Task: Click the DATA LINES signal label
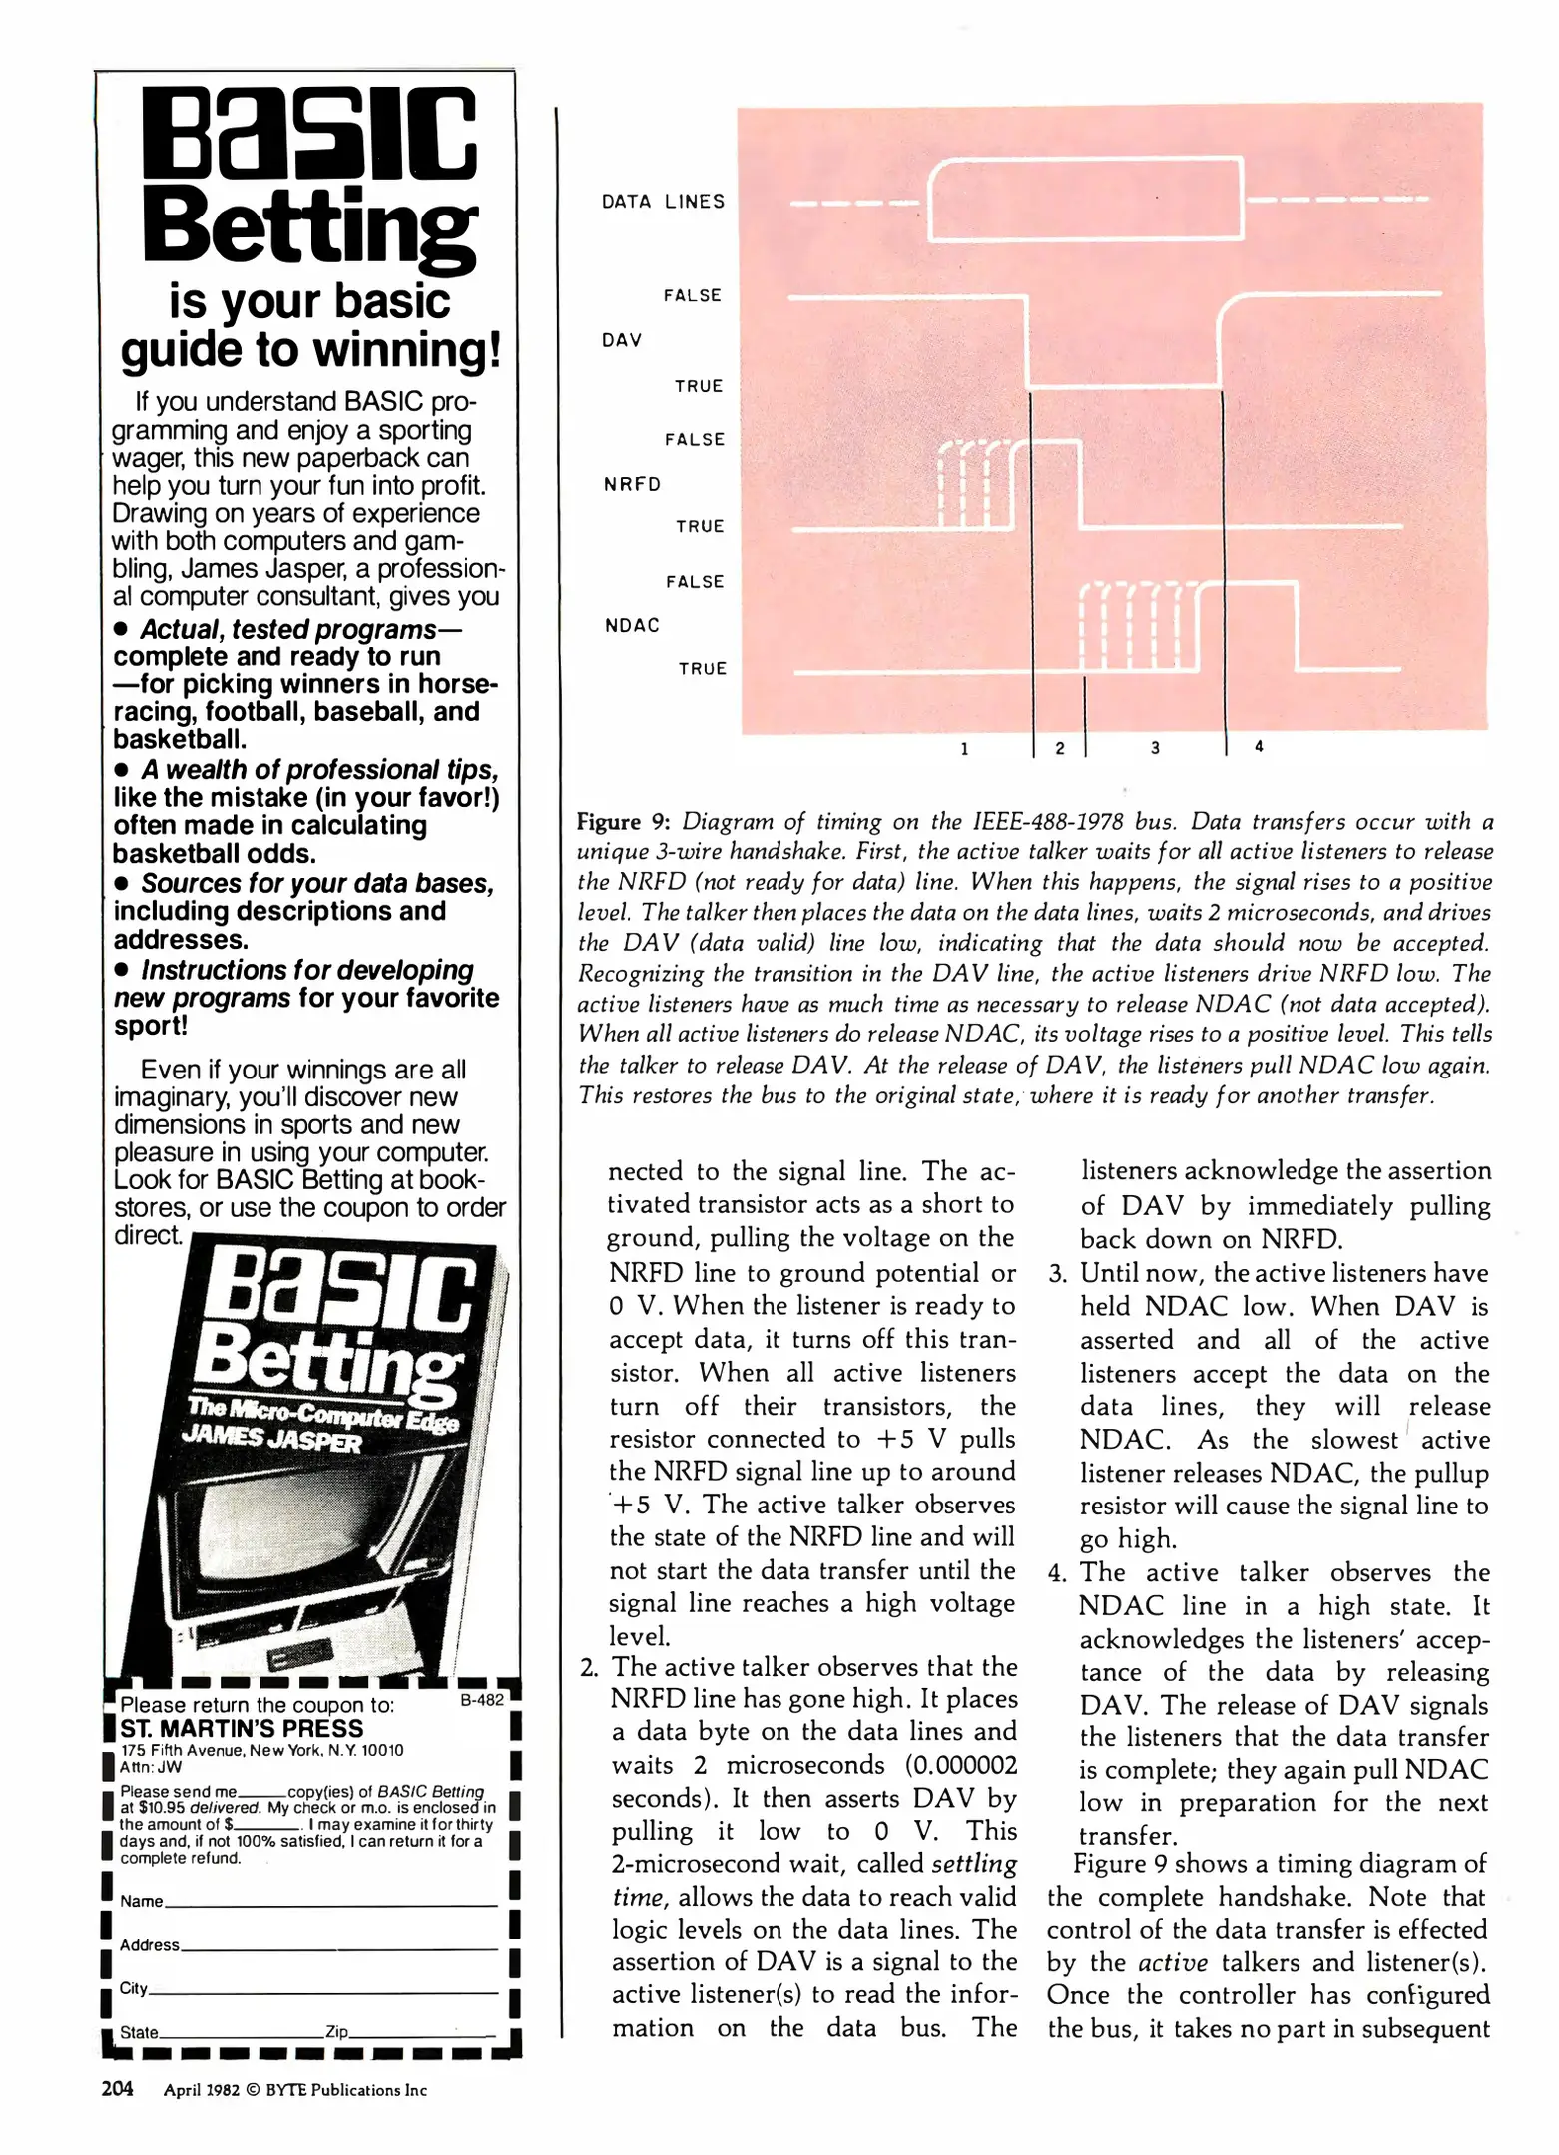pos(663,202)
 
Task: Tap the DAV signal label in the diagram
pos(621,340)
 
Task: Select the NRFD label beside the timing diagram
pos(632,484)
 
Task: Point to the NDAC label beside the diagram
pos(632,626)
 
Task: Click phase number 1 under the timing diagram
pos(964,748)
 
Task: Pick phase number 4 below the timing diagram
pos(1259,746)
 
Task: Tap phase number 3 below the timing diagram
pos(1155,747)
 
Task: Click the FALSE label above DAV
pos(692,295)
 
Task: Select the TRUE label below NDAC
pos(703,669)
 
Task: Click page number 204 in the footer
pos(117,2089)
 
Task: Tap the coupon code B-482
pos(482,1700)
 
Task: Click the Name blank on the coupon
pos(329,1903)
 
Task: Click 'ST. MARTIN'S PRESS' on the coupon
pos(242,1729)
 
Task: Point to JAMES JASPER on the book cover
pos(270,1438)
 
